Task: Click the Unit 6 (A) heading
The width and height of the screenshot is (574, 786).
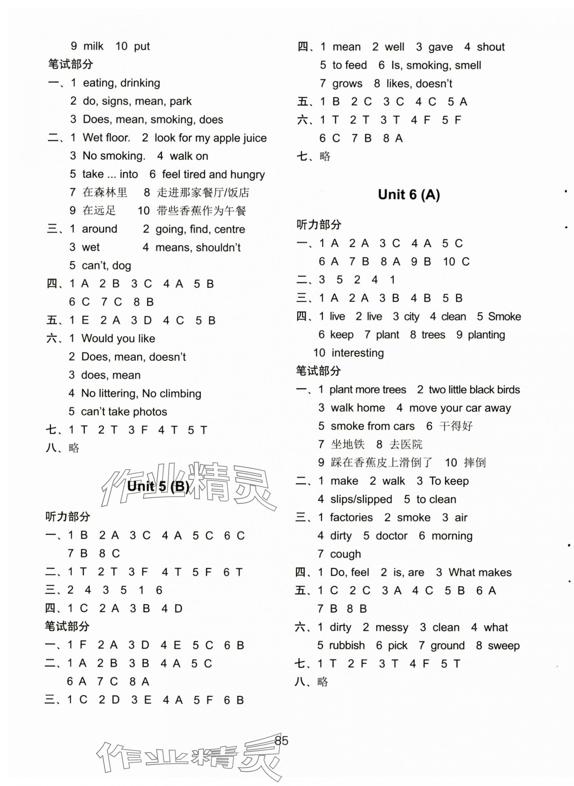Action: tap(409, 195)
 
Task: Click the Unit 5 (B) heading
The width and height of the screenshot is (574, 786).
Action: tap(158, 486)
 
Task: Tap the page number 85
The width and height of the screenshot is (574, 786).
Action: tap(282, 741)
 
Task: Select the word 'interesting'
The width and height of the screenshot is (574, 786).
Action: tap(358, 353)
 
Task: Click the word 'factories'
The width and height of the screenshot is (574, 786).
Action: tap(351, 517)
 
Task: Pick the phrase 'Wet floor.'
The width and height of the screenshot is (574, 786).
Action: tap(106, 137)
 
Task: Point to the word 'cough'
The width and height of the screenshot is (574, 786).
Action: tap(345, 554)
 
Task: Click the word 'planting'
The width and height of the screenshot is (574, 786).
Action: tap(486, 335)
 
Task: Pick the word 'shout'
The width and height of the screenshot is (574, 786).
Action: tap(490, 47)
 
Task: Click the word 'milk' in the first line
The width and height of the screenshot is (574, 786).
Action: tap(93, 46)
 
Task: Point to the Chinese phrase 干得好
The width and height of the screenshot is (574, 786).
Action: tap(456, 426)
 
